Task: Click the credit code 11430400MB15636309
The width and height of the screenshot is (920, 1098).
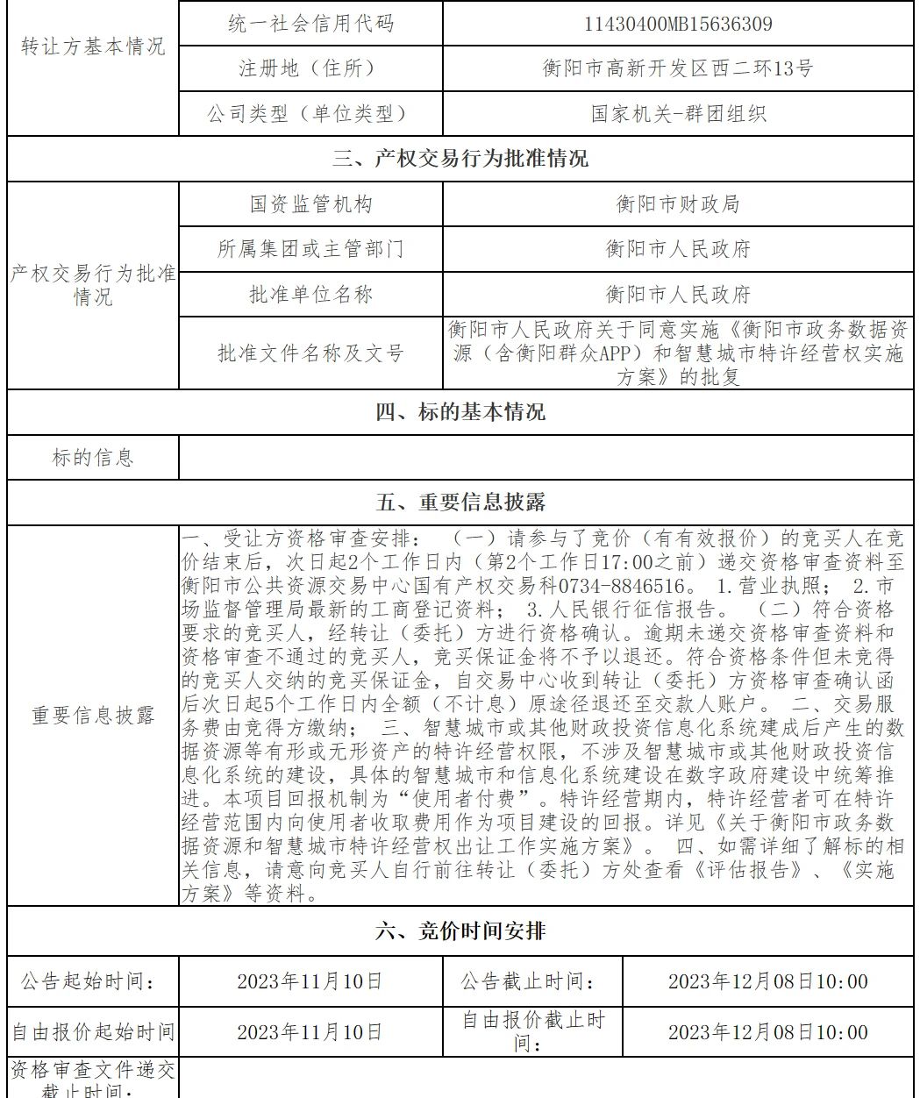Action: pos(678,24)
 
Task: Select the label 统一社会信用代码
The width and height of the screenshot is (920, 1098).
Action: pos(310,24)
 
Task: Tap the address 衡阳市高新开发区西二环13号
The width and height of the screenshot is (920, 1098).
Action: pos(678,68)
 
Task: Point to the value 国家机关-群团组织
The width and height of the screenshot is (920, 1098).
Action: pos(678,114)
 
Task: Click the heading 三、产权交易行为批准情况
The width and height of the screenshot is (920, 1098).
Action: pos(460,159)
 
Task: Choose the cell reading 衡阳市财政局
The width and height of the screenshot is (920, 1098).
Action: pos(678,204)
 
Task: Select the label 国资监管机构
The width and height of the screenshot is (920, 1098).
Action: pos(310,204)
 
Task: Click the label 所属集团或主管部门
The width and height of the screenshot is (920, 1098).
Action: pos(310,249)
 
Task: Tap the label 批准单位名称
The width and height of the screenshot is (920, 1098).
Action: pos(310,294)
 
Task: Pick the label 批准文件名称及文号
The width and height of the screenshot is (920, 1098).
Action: pos(310,353)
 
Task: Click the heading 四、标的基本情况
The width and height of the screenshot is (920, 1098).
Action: pos(460,411)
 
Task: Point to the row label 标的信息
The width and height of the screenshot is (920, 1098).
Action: pos(93,457)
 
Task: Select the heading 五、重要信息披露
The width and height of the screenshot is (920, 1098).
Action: pos(460,503)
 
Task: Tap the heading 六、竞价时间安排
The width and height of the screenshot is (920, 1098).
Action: pos(460,931)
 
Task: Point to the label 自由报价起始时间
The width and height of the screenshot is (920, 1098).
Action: pos(93,1032)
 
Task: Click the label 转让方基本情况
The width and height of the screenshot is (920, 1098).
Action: pos(93,46)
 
